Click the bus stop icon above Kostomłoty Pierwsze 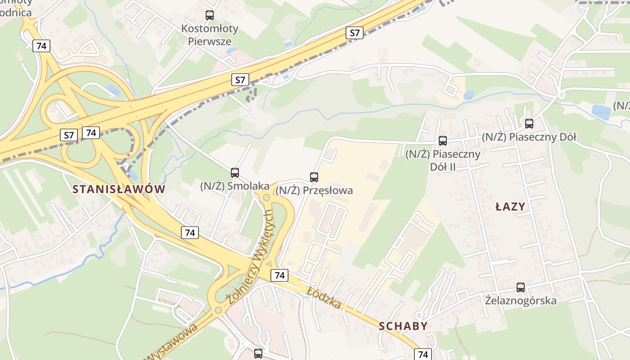(210, 15)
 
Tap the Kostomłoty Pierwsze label (210, 35)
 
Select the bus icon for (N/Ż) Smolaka (234, 172)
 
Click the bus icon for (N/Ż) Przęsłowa (314, 177)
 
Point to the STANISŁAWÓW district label (119, 189)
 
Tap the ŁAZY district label (510, 207)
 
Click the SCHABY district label (403, 326)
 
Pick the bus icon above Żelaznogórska (521, 287)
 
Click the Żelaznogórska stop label (521, 300)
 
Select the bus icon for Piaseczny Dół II (443, 141)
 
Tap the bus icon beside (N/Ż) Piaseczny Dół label (529, 123)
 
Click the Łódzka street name (324, 298)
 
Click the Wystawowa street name (173, 342)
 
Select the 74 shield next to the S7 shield (91, 133)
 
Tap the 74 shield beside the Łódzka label (279, 275)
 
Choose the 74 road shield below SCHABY (423, 354)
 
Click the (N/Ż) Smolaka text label (234, 186)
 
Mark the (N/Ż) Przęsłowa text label (314, 190)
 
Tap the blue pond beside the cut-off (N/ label (601, 112)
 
